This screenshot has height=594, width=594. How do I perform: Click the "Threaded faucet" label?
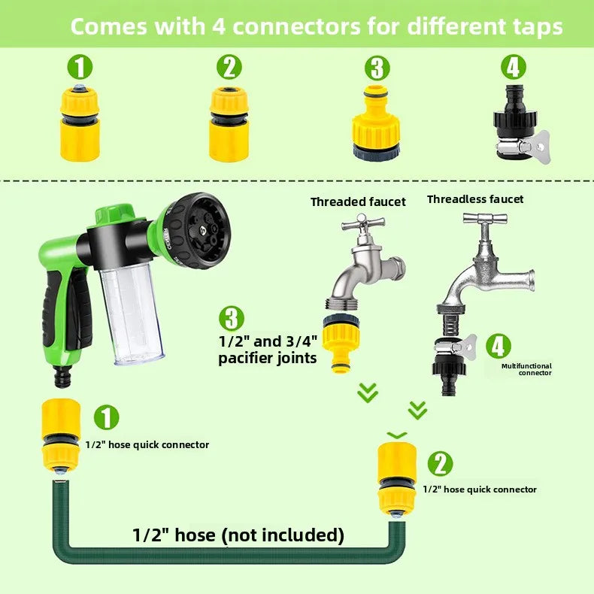point(358,202)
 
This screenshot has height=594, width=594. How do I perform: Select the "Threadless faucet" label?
point(475,199)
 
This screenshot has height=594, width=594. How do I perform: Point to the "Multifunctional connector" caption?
point(526,369)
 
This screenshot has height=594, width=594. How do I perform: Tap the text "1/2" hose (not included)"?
point(238,535)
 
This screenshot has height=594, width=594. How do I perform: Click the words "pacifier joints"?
point(267,358)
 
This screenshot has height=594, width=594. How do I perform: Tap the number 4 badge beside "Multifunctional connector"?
point(498,346)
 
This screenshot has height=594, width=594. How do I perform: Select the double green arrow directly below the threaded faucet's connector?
point(367,392)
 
